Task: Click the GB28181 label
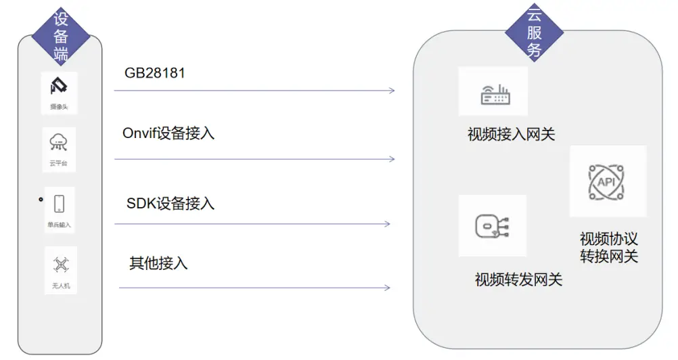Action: coord(155,73)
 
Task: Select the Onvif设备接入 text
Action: coord(168,133)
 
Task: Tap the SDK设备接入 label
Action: coord(171,203)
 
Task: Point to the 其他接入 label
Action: coord(158,263)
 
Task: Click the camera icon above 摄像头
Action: coord(59,87)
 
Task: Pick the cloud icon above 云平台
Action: coord(59,143)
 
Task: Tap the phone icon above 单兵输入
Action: coord(59,204)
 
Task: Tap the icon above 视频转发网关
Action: coord(492,225)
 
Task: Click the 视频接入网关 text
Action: coord(511,135)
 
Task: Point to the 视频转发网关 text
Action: coord(518,279)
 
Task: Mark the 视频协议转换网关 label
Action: coord(609,248)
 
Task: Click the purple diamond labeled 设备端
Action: coord(61,36)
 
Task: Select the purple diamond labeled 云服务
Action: coord(535,32)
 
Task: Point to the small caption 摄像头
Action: coord(59,107)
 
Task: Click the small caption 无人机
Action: coord(61,286)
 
